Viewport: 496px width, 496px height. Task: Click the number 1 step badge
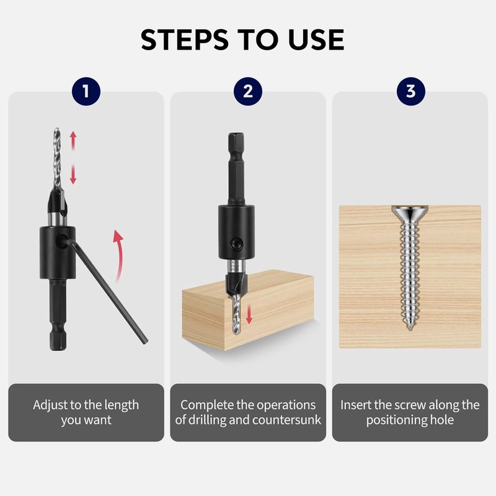pyautogui.click(x=86, y=92)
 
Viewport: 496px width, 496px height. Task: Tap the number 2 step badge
pyautogui.click(x=248, y=92)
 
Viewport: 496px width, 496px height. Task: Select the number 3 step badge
pyautogui.click(x=410, y=92)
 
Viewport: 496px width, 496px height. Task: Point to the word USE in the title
pyautogui.click(x=317, y=40)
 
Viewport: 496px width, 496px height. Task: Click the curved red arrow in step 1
pyautogui.click(x=115, y=254)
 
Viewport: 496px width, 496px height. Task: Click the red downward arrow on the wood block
pyautogui.click(x=249, y=314)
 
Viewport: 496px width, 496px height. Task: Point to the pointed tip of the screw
pyautogui.click(x=410, y=328)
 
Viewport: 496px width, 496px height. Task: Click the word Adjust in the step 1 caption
pyautogui.click(x=50, y=405)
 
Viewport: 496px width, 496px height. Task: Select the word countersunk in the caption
pyautogui.click(x=291, y=420)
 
